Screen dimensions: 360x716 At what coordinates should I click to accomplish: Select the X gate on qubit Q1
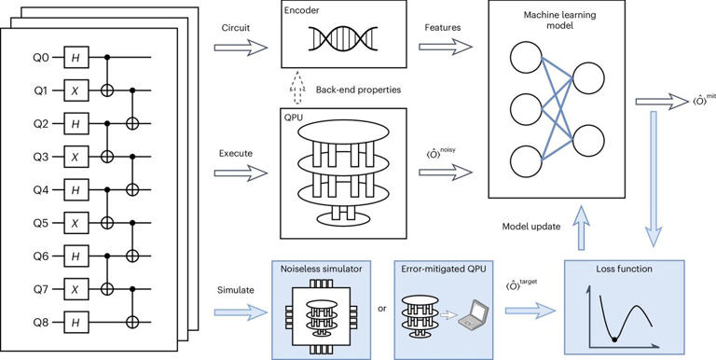coord(74,91)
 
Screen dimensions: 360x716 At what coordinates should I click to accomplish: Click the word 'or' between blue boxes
coord(380,308)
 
